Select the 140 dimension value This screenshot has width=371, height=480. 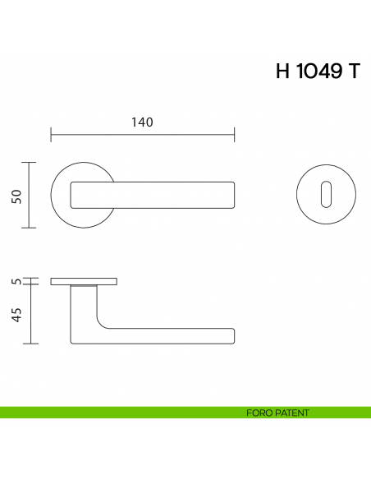[143, 122]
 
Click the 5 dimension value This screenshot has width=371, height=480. [16, 281]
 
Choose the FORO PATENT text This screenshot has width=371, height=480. [277, 413]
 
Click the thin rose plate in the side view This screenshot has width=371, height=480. [83, 281]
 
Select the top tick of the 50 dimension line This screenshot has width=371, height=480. [31, 163]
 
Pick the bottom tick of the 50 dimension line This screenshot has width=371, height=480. [31, 227]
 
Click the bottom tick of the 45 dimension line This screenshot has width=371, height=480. [31, 343]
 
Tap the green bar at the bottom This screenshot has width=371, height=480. [123, 413]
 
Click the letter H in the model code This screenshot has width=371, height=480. [283, 72]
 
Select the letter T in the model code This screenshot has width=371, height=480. [353, 72]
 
